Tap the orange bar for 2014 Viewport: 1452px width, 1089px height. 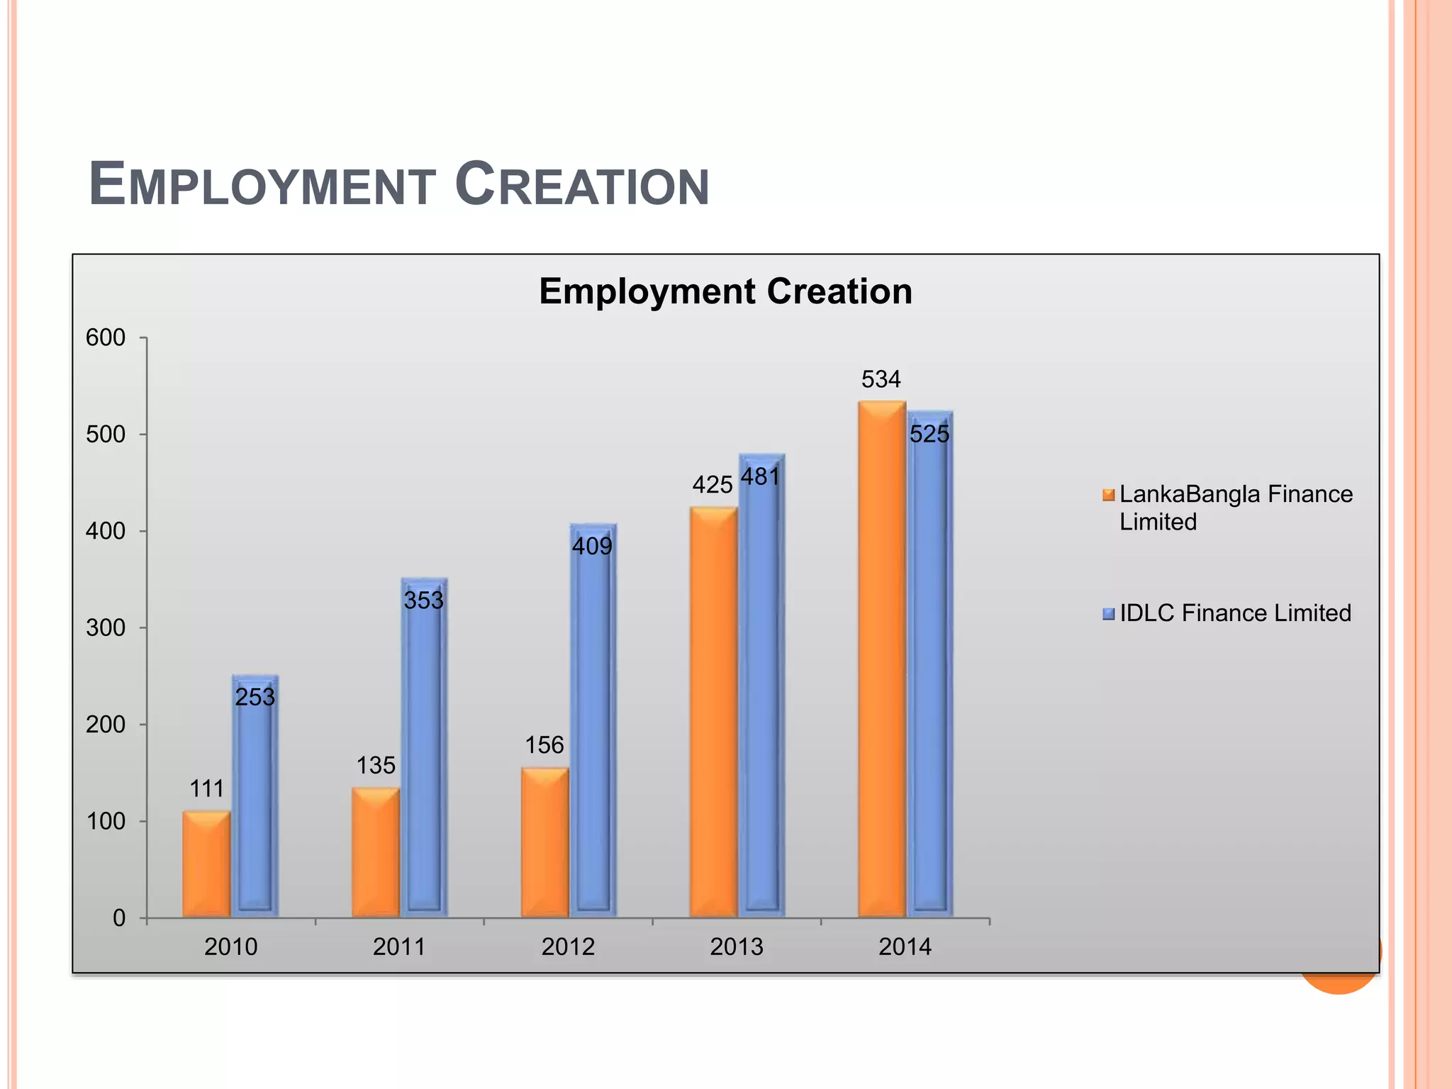[881, 659]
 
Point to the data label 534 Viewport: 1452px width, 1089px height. [881, 379]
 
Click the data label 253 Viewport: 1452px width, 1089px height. [255, 697]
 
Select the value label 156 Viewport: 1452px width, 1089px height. [544, 745]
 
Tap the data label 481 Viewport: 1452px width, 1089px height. [760, 476]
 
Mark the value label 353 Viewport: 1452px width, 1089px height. [423, 601]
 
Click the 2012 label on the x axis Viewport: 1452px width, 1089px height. [568, 946]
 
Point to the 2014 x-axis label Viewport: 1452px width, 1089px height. [905, 946]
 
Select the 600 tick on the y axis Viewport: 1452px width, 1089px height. [106, 337]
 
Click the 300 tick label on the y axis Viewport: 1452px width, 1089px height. [106, 627]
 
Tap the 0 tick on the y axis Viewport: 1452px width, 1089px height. [119, 918]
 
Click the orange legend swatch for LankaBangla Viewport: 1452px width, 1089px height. [1108, 495]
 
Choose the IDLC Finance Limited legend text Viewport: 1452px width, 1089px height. [1234, 613]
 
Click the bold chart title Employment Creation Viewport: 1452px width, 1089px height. [725, 291]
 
